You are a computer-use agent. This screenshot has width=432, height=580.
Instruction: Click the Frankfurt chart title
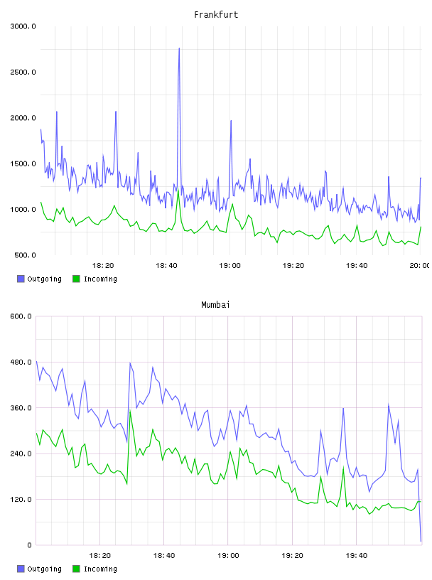[216, 15]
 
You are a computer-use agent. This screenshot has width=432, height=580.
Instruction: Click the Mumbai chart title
[215, 305]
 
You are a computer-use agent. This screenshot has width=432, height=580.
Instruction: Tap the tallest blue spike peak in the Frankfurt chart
[179, 48]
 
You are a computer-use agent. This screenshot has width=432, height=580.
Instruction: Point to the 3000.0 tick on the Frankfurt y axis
[23, 26]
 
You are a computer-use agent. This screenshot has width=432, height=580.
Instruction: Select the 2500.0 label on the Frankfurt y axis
[23, 72]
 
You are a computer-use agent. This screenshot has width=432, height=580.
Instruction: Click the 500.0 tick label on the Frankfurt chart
[25, 255]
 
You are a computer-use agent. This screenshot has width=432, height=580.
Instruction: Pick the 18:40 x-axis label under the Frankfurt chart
[166, 266]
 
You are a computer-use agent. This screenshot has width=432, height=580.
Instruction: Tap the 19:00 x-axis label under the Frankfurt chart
[229, 266]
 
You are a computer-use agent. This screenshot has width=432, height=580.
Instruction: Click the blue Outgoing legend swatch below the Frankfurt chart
[21, 279]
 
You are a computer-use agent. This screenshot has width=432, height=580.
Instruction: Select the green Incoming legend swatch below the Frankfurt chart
[76, 279]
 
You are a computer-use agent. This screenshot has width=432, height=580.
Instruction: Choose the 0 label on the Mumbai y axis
[30, 545]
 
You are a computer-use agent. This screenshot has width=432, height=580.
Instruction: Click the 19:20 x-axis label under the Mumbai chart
[292, 556]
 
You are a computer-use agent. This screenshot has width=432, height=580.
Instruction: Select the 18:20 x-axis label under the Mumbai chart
[100, 556]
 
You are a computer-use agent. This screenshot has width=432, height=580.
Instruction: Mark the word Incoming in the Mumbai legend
[100, 569]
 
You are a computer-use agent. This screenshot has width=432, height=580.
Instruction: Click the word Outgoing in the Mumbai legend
[44, 569]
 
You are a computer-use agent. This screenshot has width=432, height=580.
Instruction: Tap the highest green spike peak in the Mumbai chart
[130, 411]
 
